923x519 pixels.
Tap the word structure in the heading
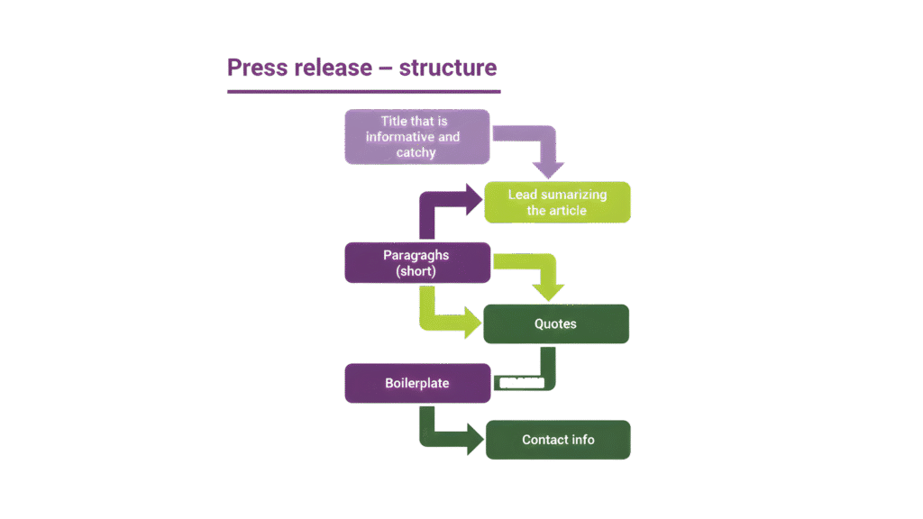click(448, 68)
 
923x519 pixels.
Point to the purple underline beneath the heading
click(362, 91)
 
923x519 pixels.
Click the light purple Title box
click(416, 136)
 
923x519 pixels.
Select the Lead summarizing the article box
click(557, 203)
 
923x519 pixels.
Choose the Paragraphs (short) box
click(416, 262)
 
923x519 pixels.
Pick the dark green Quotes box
click(556, 323)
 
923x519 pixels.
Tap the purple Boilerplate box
click(416, 383)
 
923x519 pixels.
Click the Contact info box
click(557, 440)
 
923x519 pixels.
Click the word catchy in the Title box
click(416, 152)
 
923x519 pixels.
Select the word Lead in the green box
click(523, 195)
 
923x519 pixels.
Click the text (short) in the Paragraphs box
click(416, 270)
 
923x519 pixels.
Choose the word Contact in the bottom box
click(544, 440)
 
